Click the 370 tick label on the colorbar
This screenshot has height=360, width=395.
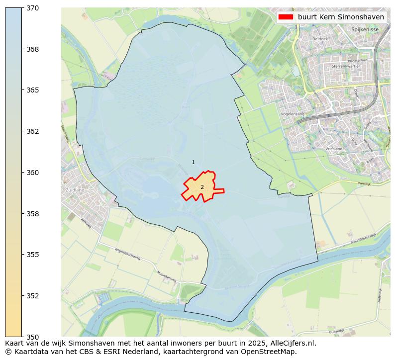pyautogui.click(x=33, y=8)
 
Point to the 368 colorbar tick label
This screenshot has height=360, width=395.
pyautogui.click(x=33, y=49)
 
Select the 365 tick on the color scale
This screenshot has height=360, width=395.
pyautogui.click(x=33, y=90)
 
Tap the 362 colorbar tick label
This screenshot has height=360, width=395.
pyautogui.click(x=33, y=131)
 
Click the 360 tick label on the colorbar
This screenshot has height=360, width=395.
pyautogui.click(x=33, y=173)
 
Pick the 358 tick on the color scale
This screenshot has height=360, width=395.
pyautogui.click(x=33, y=214)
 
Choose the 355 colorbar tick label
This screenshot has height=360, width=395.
pyautogui.click(x=33, y=255)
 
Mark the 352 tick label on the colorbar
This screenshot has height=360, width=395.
pyautogui.click(x=33, y=296)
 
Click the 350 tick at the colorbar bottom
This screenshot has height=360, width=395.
pyautogui.click(x=33, y=337)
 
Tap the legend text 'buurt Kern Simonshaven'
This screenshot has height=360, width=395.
pyautogui.click(x=341, y=17)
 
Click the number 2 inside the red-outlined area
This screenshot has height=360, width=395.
pyautogui.click(x=202, y=187)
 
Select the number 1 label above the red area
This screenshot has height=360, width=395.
pyautogui.click(x=193, y=163)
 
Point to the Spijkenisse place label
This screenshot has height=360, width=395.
pyautogui.click(x=365, y=30)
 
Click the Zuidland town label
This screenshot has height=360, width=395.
pyautogui.click(x=75, y=190)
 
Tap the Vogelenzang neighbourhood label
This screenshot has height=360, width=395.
pyautogui.click(x=293, y=114)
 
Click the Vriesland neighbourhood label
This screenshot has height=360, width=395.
pyautogui.click(x=334, y=149)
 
